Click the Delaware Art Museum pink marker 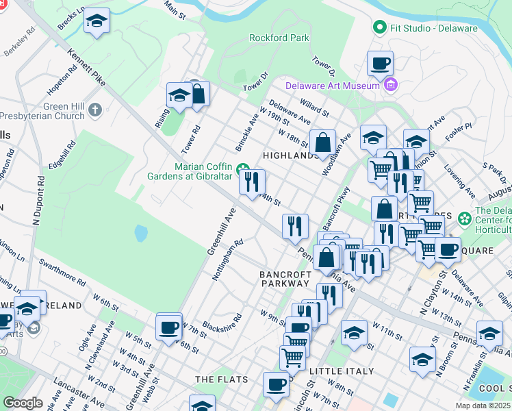[x=391, y=86]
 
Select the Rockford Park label [x=279, y=38]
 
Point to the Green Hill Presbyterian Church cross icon [x=95, y=109]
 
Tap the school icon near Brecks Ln [x=97, y=22]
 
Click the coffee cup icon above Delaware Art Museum [x=380, y=64]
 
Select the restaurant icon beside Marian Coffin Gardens [x=251, y=182]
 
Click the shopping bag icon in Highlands [x=322, y=143]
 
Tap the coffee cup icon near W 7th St [x=169, y=327]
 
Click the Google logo [x=23, y=402]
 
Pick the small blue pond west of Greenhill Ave [x=141, y=234]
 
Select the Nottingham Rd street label [x=228, y=260]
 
